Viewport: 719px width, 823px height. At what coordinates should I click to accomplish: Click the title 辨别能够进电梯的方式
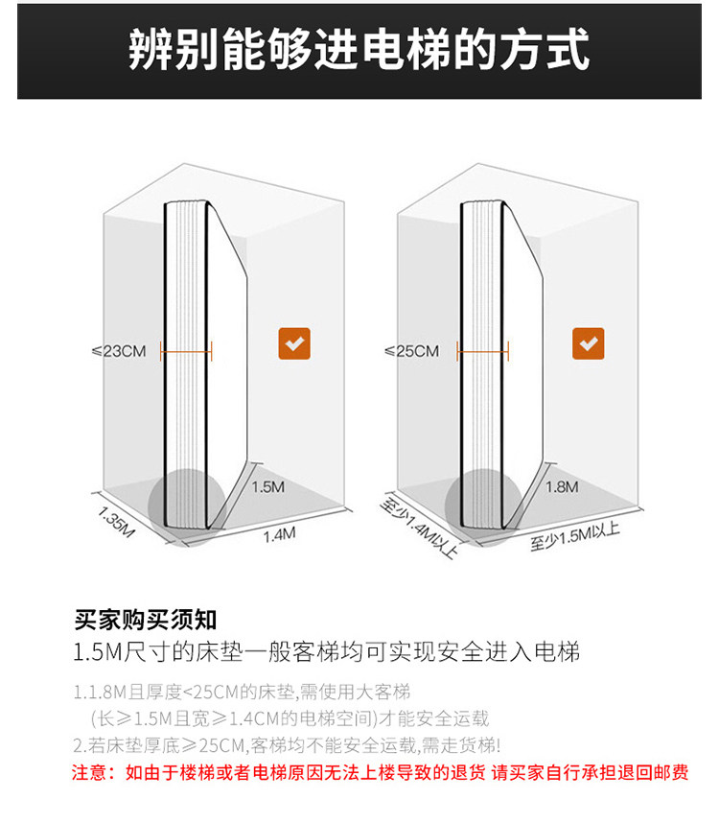[359, 50]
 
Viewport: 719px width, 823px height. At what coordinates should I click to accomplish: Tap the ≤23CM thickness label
[118, 351]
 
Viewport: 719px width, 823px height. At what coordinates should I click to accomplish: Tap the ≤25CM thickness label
[411, 351]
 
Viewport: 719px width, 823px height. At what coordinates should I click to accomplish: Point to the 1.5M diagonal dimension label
[267, 486]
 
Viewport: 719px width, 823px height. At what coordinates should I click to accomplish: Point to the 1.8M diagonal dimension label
[562, 486]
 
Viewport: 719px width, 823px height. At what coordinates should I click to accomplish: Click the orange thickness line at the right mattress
[482, 351]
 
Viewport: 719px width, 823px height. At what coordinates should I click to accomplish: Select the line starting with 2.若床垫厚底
[287, 744]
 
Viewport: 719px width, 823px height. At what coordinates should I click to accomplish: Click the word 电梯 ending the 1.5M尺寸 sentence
[558, 654]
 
